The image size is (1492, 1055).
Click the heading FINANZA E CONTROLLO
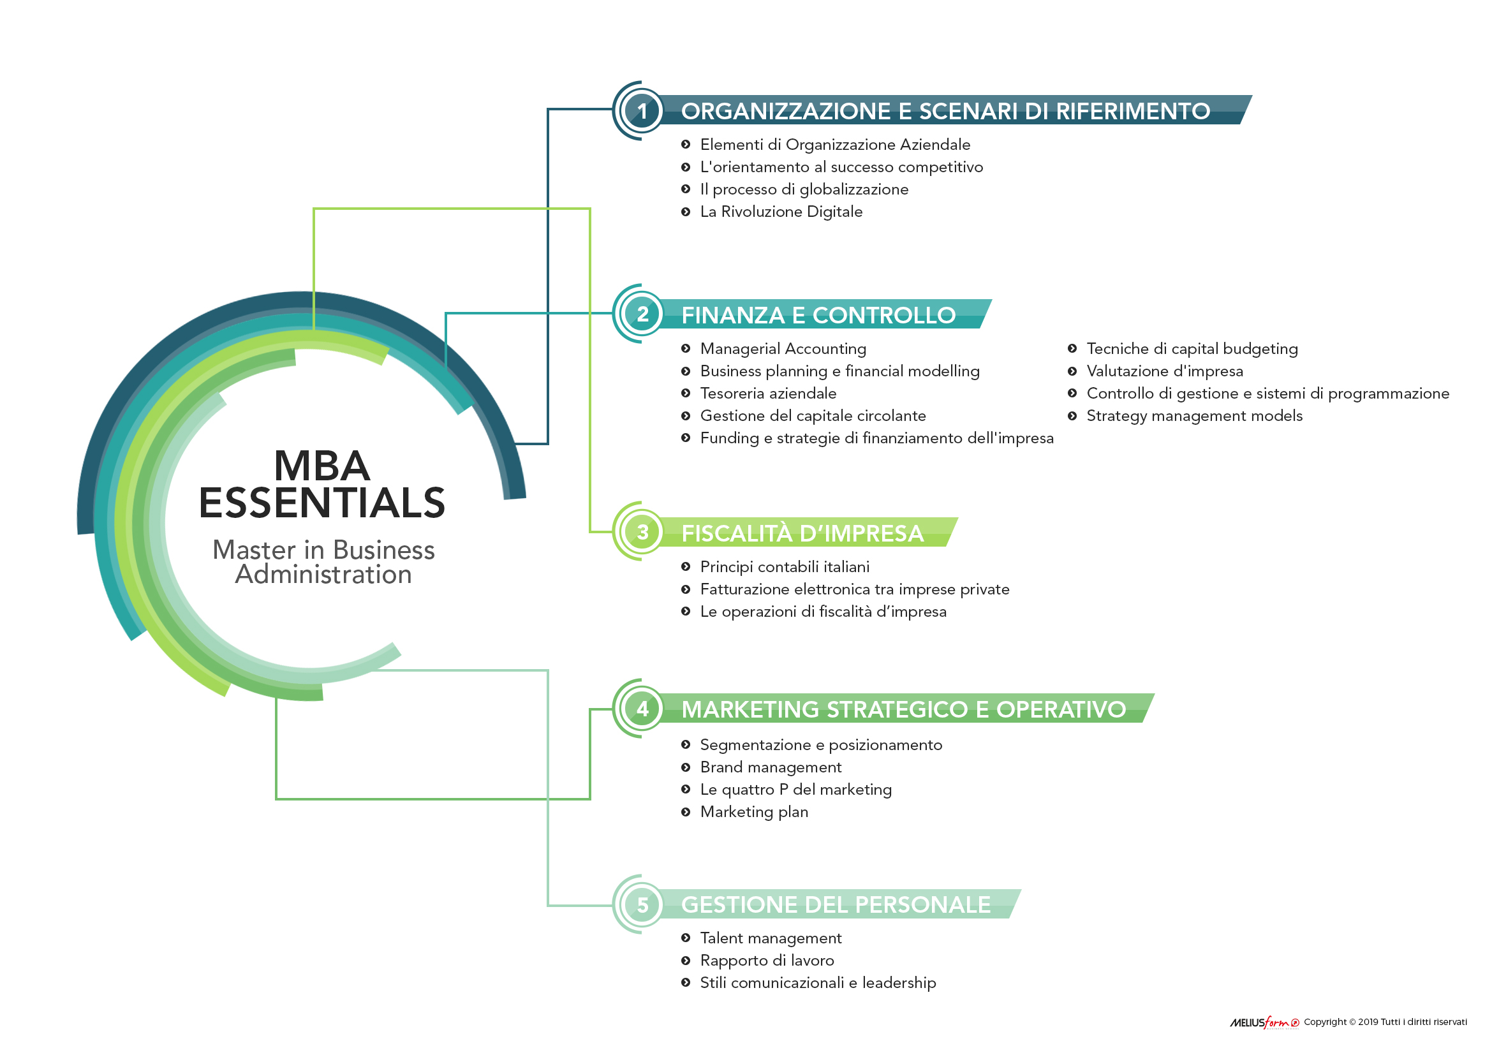(818, 315)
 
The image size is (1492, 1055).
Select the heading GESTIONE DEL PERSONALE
(836, 904)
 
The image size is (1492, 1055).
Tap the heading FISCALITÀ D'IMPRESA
(802, 533)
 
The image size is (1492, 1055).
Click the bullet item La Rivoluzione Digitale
(781, 212)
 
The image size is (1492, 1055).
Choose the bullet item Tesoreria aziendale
(768, 394)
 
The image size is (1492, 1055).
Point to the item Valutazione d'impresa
(1165, 371)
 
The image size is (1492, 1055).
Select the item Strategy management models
(1194, 417)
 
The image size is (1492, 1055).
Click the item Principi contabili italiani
(785, 567)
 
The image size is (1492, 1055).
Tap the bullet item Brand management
(771, 767)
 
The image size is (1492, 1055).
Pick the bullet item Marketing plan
(754, 812)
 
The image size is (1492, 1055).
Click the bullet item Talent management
(771, 938)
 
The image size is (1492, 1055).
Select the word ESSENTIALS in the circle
(321, 503)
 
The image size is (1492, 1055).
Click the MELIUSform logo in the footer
(1264, 1022)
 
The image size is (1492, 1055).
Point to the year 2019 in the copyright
(1368, 1022)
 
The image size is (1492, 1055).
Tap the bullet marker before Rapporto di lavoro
(686, 960)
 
